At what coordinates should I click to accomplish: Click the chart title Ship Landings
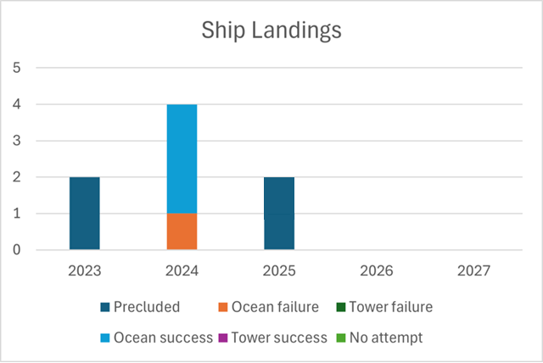[x=271, y=31]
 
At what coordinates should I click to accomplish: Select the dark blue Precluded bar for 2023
[x=85, y=213]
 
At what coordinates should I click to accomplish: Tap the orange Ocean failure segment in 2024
[x=182, y=232]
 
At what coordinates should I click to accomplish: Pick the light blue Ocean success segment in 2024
[x=182, y=159]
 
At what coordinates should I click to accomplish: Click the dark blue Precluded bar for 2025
[x=279, y=213]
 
